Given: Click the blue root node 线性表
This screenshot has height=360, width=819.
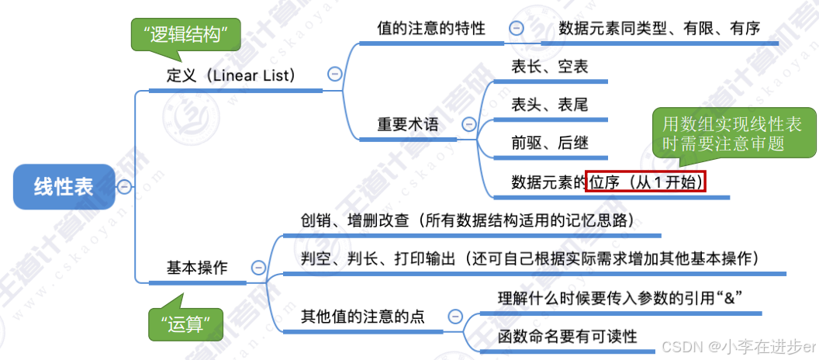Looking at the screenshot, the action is tap(64, 187).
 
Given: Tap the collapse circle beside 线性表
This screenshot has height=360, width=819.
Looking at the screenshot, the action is tap(123, 186).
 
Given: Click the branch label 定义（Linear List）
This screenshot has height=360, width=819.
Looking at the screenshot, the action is tap(233, 75).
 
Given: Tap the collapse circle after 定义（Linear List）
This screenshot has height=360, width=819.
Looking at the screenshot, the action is tap(335, 74).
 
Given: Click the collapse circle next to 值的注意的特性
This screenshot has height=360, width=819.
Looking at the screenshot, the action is tap(517, 29).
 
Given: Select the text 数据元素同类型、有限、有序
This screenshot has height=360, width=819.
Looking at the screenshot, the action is tap(659, 28).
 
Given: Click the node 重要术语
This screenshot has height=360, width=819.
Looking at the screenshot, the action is tap(408, 124).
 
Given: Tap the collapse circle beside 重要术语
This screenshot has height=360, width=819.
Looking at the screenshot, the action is tap(468, 124).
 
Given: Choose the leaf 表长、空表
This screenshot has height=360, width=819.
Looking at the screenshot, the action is tap(550, 67).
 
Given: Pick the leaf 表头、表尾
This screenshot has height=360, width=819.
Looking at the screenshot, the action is tap(550, 105).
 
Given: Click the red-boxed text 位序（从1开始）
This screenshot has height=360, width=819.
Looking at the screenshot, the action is tap(646, 182).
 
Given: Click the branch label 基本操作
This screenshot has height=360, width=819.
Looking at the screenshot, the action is tap(197, 268).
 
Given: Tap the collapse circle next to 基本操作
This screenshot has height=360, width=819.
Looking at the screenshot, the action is tap(257, 268).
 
